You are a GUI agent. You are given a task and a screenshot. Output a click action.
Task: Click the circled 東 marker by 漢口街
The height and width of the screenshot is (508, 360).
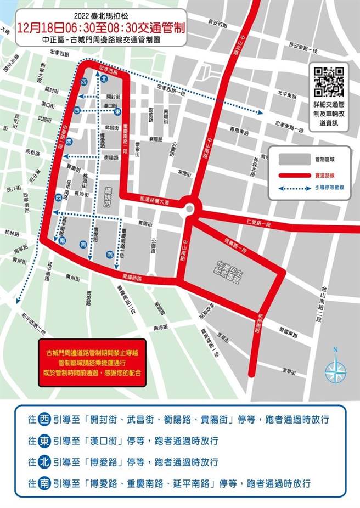coord(117,111)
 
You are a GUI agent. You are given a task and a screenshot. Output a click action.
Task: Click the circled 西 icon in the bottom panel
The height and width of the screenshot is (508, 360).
coord(44,420)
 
